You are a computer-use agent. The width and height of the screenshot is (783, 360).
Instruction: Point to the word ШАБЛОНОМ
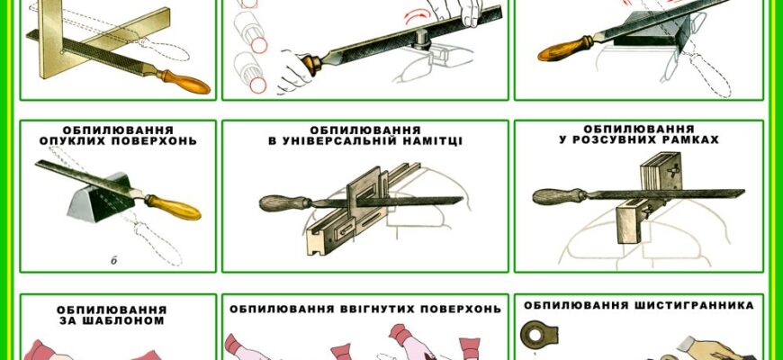(x=115, y=319)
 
